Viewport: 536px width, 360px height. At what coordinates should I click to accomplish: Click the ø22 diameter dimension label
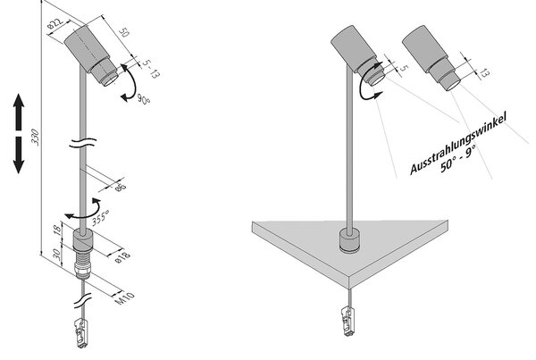click(55, 23)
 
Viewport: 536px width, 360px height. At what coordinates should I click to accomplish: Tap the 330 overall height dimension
click(35, 138)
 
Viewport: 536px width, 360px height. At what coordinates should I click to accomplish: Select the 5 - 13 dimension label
click(151, 69)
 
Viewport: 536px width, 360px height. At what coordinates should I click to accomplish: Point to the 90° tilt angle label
click(144, 99)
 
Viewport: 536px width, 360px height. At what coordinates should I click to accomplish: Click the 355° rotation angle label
click(100, 217)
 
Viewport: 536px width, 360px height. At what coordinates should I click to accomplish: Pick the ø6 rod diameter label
click(121, 187)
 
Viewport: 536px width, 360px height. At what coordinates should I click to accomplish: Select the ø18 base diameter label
click(122, 257)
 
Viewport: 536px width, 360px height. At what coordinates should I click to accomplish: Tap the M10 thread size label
click(124, 298)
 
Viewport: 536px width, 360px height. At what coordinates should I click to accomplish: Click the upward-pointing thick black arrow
click(19, 113)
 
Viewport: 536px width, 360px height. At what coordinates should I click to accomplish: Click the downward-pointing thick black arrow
click(19, 155)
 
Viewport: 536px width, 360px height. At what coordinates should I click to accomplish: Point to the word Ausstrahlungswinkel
click(458, 144)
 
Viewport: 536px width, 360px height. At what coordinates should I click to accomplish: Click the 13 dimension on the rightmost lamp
click(484, 73)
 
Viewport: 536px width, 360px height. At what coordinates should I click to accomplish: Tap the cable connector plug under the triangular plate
click(348, 322)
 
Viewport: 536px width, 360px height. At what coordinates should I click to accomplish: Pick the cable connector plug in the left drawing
click(81, 333)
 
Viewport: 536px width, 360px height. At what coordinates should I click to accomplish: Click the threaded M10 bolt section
click(83, 263)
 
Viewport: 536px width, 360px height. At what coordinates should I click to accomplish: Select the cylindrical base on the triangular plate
click(349, 241)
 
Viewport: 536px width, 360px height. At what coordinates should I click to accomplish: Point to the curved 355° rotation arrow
click(85, 210)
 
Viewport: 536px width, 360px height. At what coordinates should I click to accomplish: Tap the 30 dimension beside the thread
click(57, 255)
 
